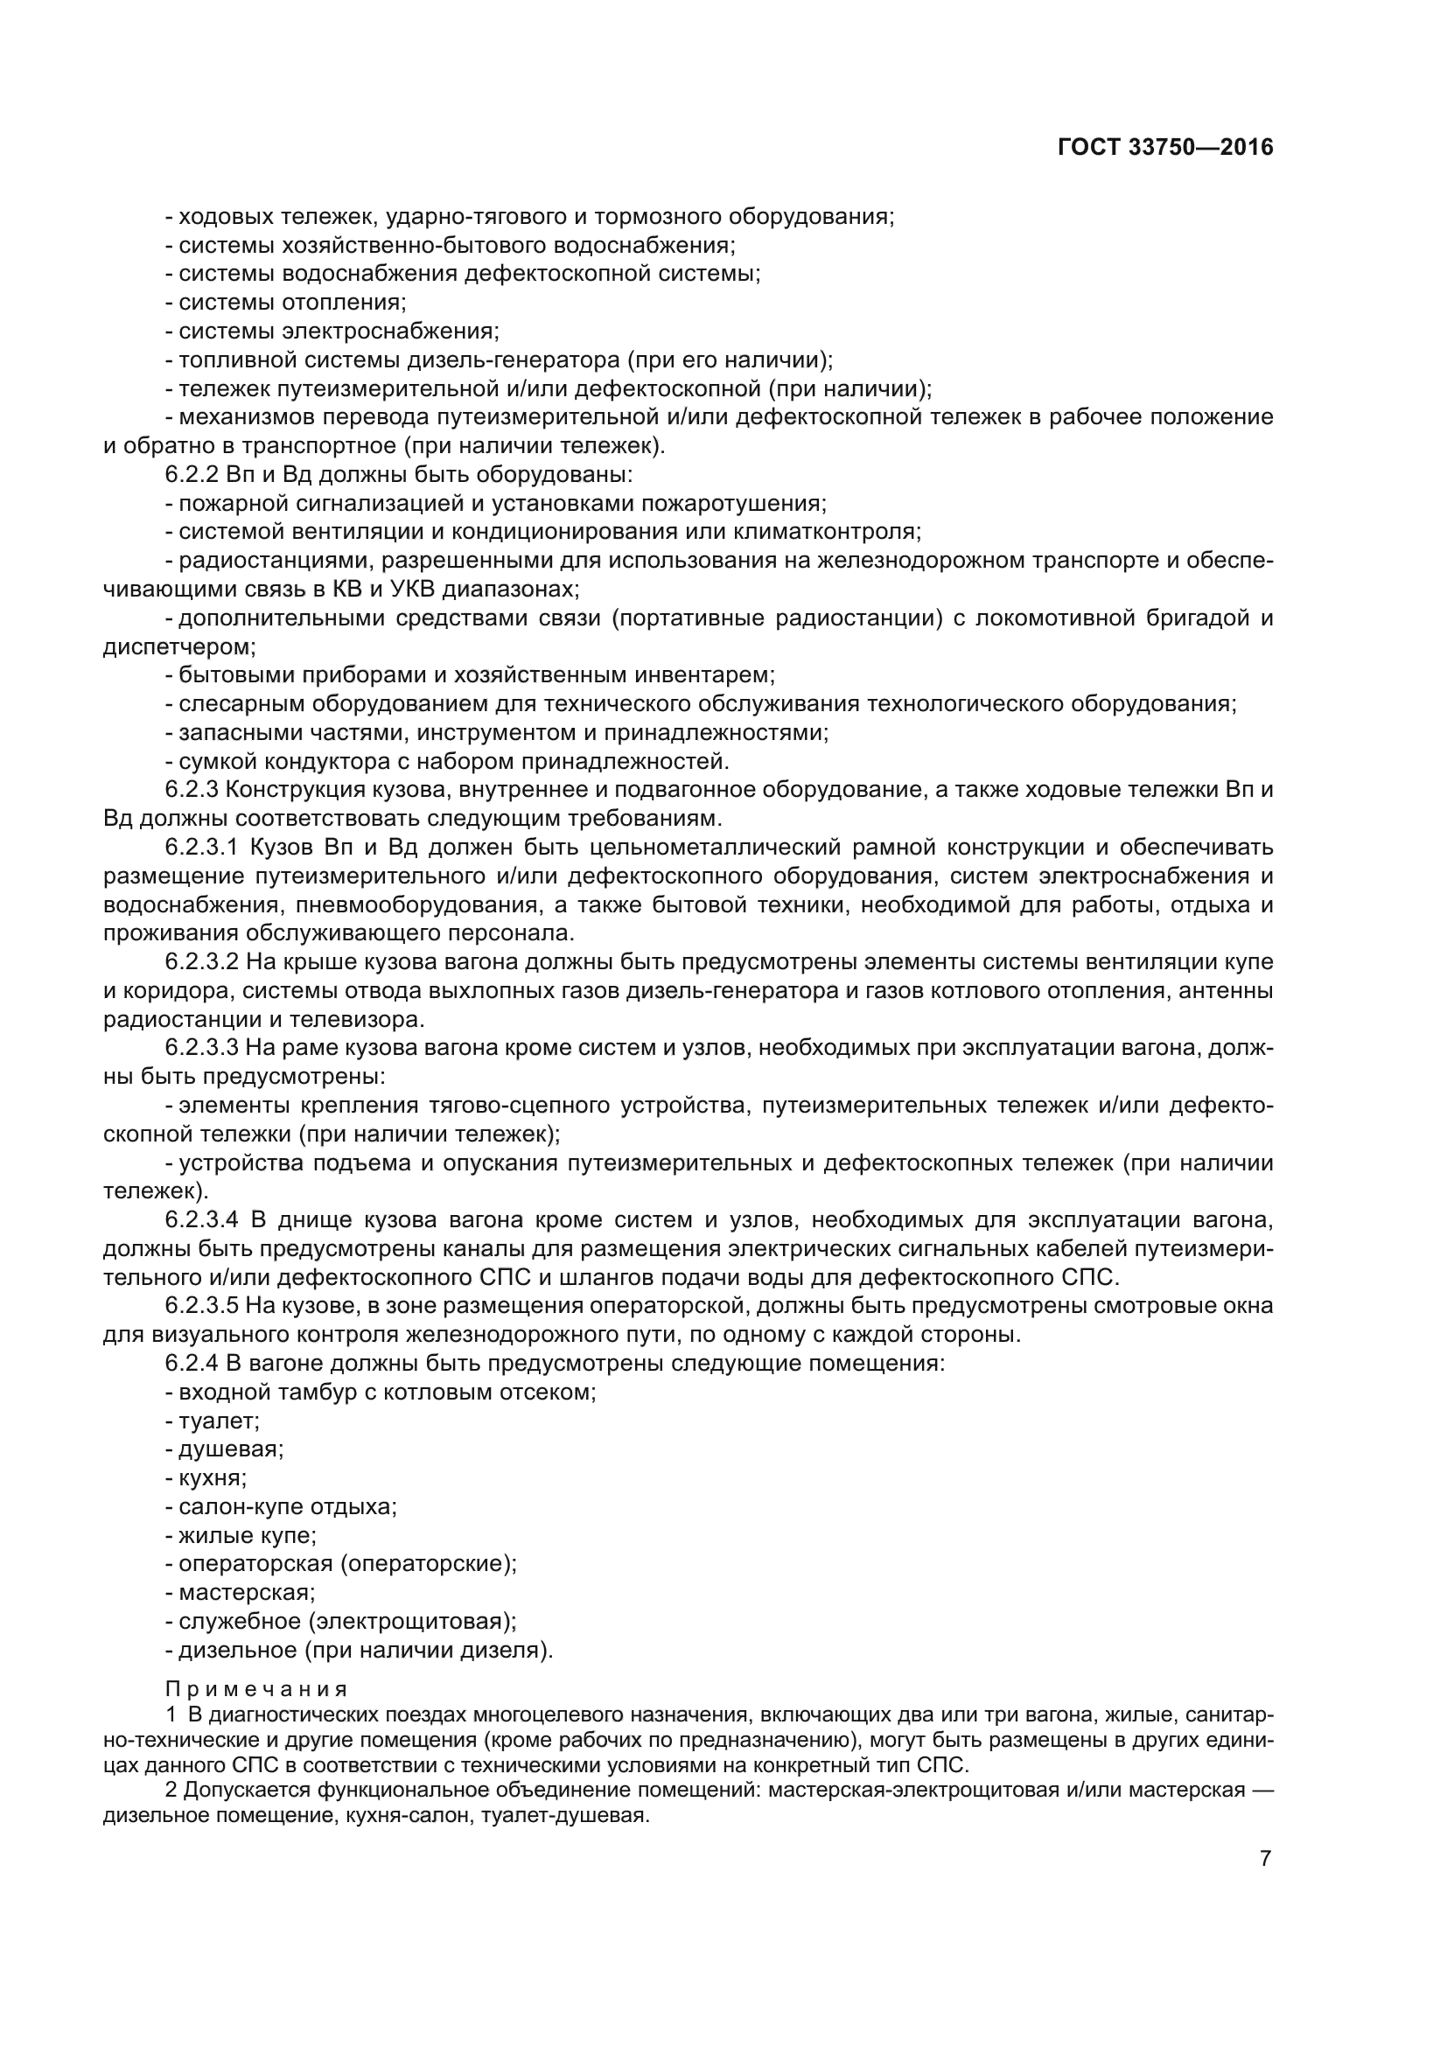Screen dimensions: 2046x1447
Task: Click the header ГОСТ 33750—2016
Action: tap(1165, 148)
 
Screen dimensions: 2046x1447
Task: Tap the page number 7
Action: tap(1265, 1858)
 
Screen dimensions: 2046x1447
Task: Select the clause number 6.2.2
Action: tap(192, 474)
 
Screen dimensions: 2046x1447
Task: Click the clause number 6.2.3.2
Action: tap(202, 962)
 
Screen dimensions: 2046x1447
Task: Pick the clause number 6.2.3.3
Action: tap(202, 1048)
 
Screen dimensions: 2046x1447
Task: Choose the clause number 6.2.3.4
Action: tap(202, 1220)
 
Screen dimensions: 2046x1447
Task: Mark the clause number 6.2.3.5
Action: tap(202, 1306)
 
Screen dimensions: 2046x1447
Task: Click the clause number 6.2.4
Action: tap(192, 1364)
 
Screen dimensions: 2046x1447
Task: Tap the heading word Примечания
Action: tap(256, 1690)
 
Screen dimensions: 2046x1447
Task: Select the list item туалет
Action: tap(220, 1421)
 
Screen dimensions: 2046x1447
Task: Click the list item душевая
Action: tap(231, 1449)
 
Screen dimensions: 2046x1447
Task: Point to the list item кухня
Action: tap(212, 1478)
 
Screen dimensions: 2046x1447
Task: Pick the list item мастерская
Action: tap(246, 1592)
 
